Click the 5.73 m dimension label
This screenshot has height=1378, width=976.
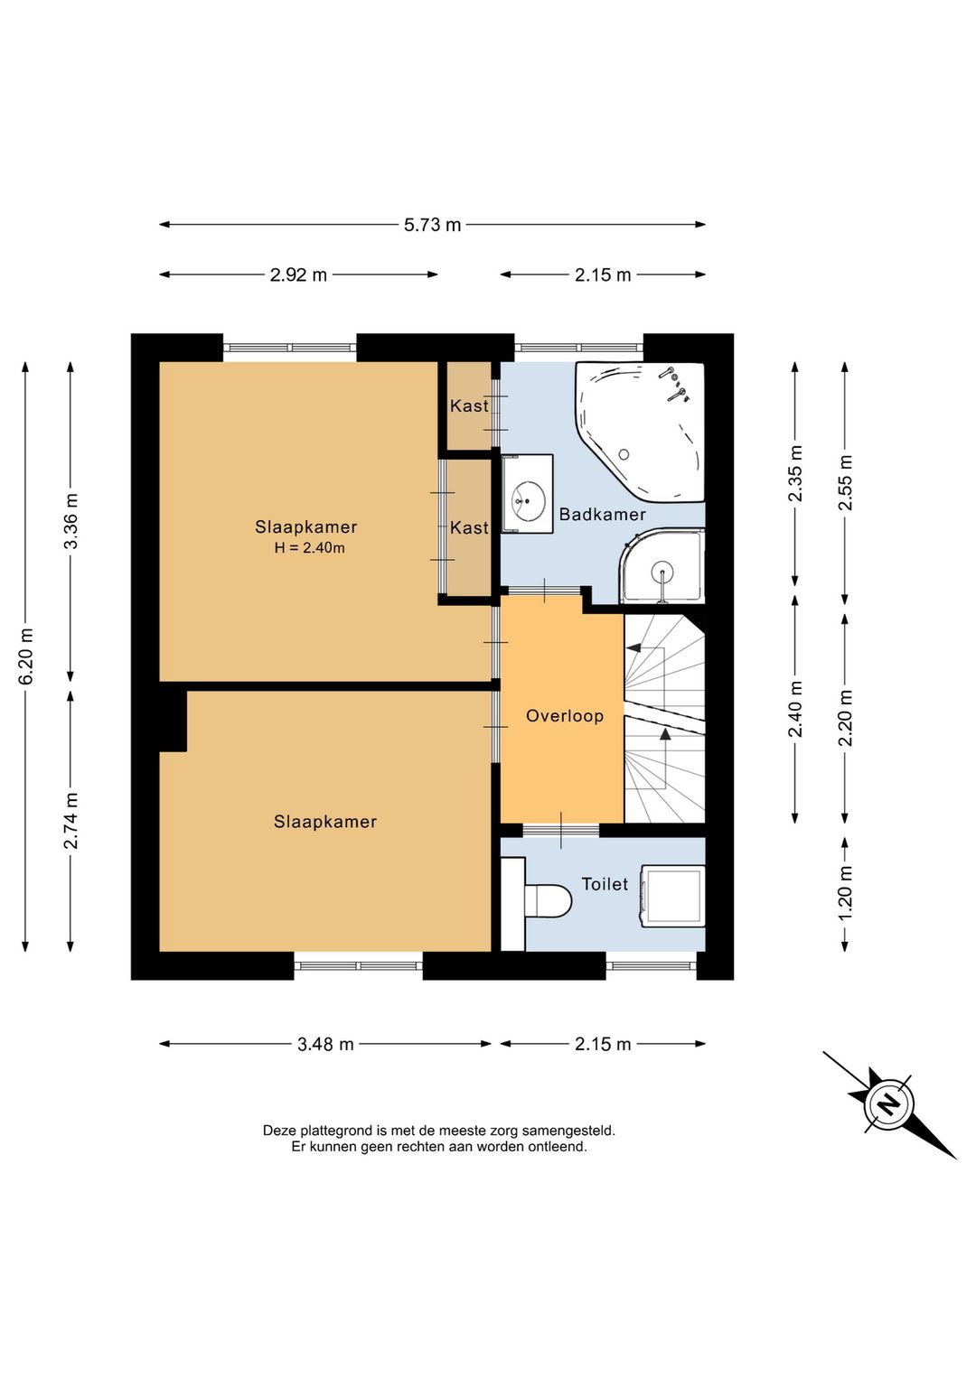432,225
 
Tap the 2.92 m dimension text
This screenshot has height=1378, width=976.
298,275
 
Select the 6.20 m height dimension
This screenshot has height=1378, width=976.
25,656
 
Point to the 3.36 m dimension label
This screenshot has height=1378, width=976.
70,521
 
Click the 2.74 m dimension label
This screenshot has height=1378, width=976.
70,821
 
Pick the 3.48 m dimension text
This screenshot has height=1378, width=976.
325,1044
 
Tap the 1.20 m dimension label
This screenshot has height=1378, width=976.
845,892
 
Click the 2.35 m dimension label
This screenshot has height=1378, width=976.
795,474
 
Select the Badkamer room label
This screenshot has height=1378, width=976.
602,515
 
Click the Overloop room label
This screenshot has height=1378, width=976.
565,716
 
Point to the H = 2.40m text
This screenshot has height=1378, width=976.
310,547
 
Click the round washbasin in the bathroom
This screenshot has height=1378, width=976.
528,501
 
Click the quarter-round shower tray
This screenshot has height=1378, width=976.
662,566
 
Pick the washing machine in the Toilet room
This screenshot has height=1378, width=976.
672,896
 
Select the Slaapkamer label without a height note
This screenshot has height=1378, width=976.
325,822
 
